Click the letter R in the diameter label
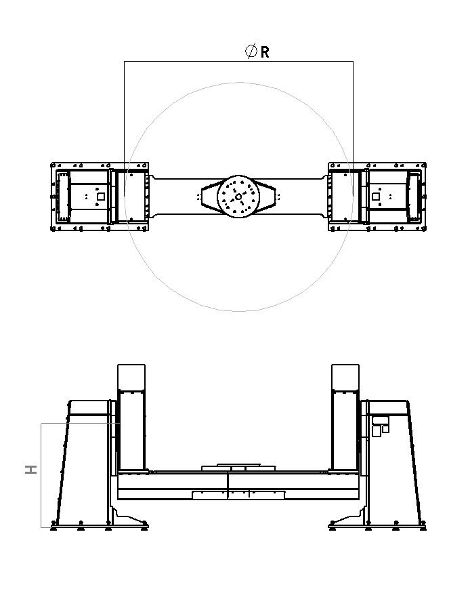tap(265, 52)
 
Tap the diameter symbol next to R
tap(251, 51)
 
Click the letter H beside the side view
tap(31, 469)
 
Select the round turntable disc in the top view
tap(238, 197)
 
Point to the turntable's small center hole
tap(238, 197)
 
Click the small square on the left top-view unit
tap(101, 197)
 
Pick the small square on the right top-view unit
tap(376, 197)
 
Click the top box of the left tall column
tap(131, 377)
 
